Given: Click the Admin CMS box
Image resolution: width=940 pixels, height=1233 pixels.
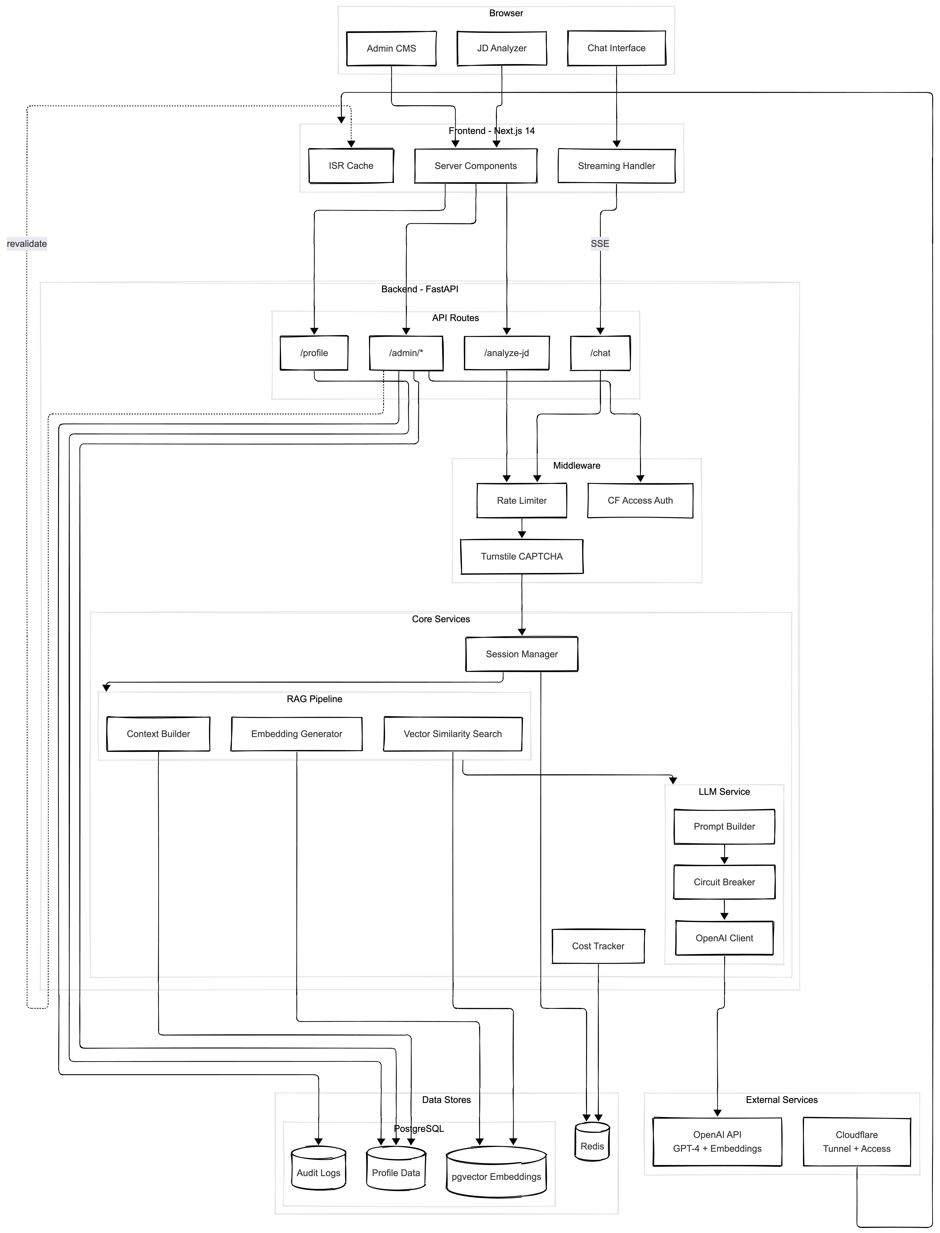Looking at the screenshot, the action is click(391, 48).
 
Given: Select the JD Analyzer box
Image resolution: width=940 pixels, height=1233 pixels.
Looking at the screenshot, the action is click(502, 48).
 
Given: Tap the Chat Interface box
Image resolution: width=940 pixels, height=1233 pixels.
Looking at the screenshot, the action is click(617, 48).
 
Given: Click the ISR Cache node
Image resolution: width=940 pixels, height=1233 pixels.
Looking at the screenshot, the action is click(351, 166).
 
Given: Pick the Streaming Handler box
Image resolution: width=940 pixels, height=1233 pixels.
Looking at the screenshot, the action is click(617, 166).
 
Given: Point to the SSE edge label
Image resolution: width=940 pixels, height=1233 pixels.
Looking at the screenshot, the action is click(600, 244).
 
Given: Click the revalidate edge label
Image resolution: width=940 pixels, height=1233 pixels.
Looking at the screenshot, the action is click(27, 244).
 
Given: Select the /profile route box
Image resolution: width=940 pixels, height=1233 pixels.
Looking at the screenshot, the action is click(314, 353).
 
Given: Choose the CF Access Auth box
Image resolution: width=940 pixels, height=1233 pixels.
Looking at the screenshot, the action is click(640, 500).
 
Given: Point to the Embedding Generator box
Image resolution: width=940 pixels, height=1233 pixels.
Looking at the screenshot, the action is click(297, 734).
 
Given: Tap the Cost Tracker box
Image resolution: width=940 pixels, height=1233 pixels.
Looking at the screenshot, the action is click(598, 946).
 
